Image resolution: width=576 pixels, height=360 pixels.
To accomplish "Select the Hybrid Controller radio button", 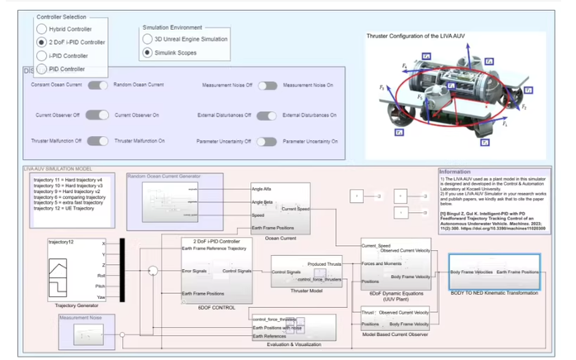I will point(42,29).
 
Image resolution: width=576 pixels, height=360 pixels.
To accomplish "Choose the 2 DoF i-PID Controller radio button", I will point(42,42).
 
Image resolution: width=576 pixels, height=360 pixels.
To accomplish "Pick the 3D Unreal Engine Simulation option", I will point(148,39).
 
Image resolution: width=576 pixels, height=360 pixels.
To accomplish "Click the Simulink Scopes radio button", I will point(148,52).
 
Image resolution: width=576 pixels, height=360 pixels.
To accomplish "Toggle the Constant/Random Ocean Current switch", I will point(98,85).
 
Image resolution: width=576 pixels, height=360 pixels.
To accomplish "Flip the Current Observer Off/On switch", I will point(98,115).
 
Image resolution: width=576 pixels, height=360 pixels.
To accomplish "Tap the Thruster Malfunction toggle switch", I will point(98,141).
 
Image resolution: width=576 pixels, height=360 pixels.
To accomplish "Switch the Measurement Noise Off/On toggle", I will point(266,85).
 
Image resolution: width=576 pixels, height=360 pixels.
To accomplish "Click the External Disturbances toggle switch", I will point(266,115).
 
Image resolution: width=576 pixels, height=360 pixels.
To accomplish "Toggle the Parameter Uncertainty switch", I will point(266,141).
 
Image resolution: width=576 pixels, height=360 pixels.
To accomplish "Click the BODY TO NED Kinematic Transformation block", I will point(494,271).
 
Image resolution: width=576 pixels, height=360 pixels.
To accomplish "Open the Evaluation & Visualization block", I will point(293,326).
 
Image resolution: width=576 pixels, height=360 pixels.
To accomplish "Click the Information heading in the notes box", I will point(455,172).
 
